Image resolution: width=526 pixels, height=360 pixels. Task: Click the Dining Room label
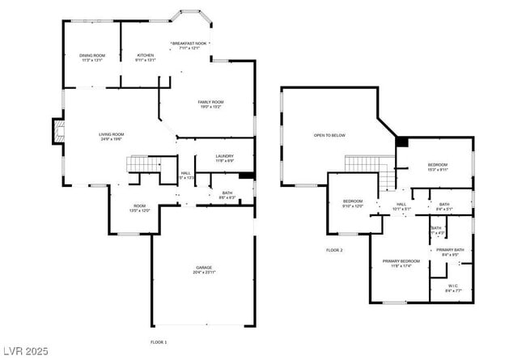(x=92, y=56)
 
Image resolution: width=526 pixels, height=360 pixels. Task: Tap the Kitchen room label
(x=146, y=56)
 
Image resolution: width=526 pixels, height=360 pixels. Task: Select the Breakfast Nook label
(x=189, y=44)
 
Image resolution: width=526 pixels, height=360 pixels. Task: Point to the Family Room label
(x=210, y=102)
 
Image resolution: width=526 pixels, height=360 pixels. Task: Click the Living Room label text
(x=112, y=134)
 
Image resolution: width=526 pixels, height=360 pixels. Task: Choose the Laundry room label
(x=225, y=156)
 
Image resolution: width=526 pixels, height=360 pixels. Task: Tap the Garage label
(x=203, y=268)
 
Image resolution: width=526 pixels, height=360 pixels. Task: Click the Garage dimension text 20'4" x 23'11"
(x=203, y=273)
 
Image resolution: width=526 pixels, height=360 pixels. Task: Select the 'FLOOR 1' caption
(x=159, y=342)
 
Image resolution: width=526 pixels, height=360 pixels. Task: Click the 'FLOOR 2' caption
(x=334, y=250)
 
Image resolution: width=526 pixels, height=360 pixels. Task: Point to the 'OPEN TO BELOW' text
(x=329, y=135)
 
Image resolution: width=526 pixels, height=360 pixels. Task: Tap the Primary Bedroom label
(x=401, y=261)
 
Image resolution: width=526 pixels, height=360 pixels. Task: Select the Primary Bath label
(x=451, y=250)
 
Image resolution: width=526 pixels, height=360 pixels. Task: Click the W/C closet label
(x=454, y=286)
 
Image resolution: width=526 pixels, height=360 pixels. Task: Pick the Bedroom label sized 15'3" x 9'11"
(x=437, y=164)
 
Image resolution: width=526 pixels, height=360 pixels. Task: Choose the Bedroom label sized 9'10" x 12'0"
(x=353, y=201)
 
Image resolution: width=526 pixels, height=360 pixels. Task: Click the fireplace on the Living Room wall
(x=57, y=132)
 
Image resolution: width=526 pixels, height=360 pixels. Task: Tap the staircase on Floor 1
(x=142, y=164)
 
